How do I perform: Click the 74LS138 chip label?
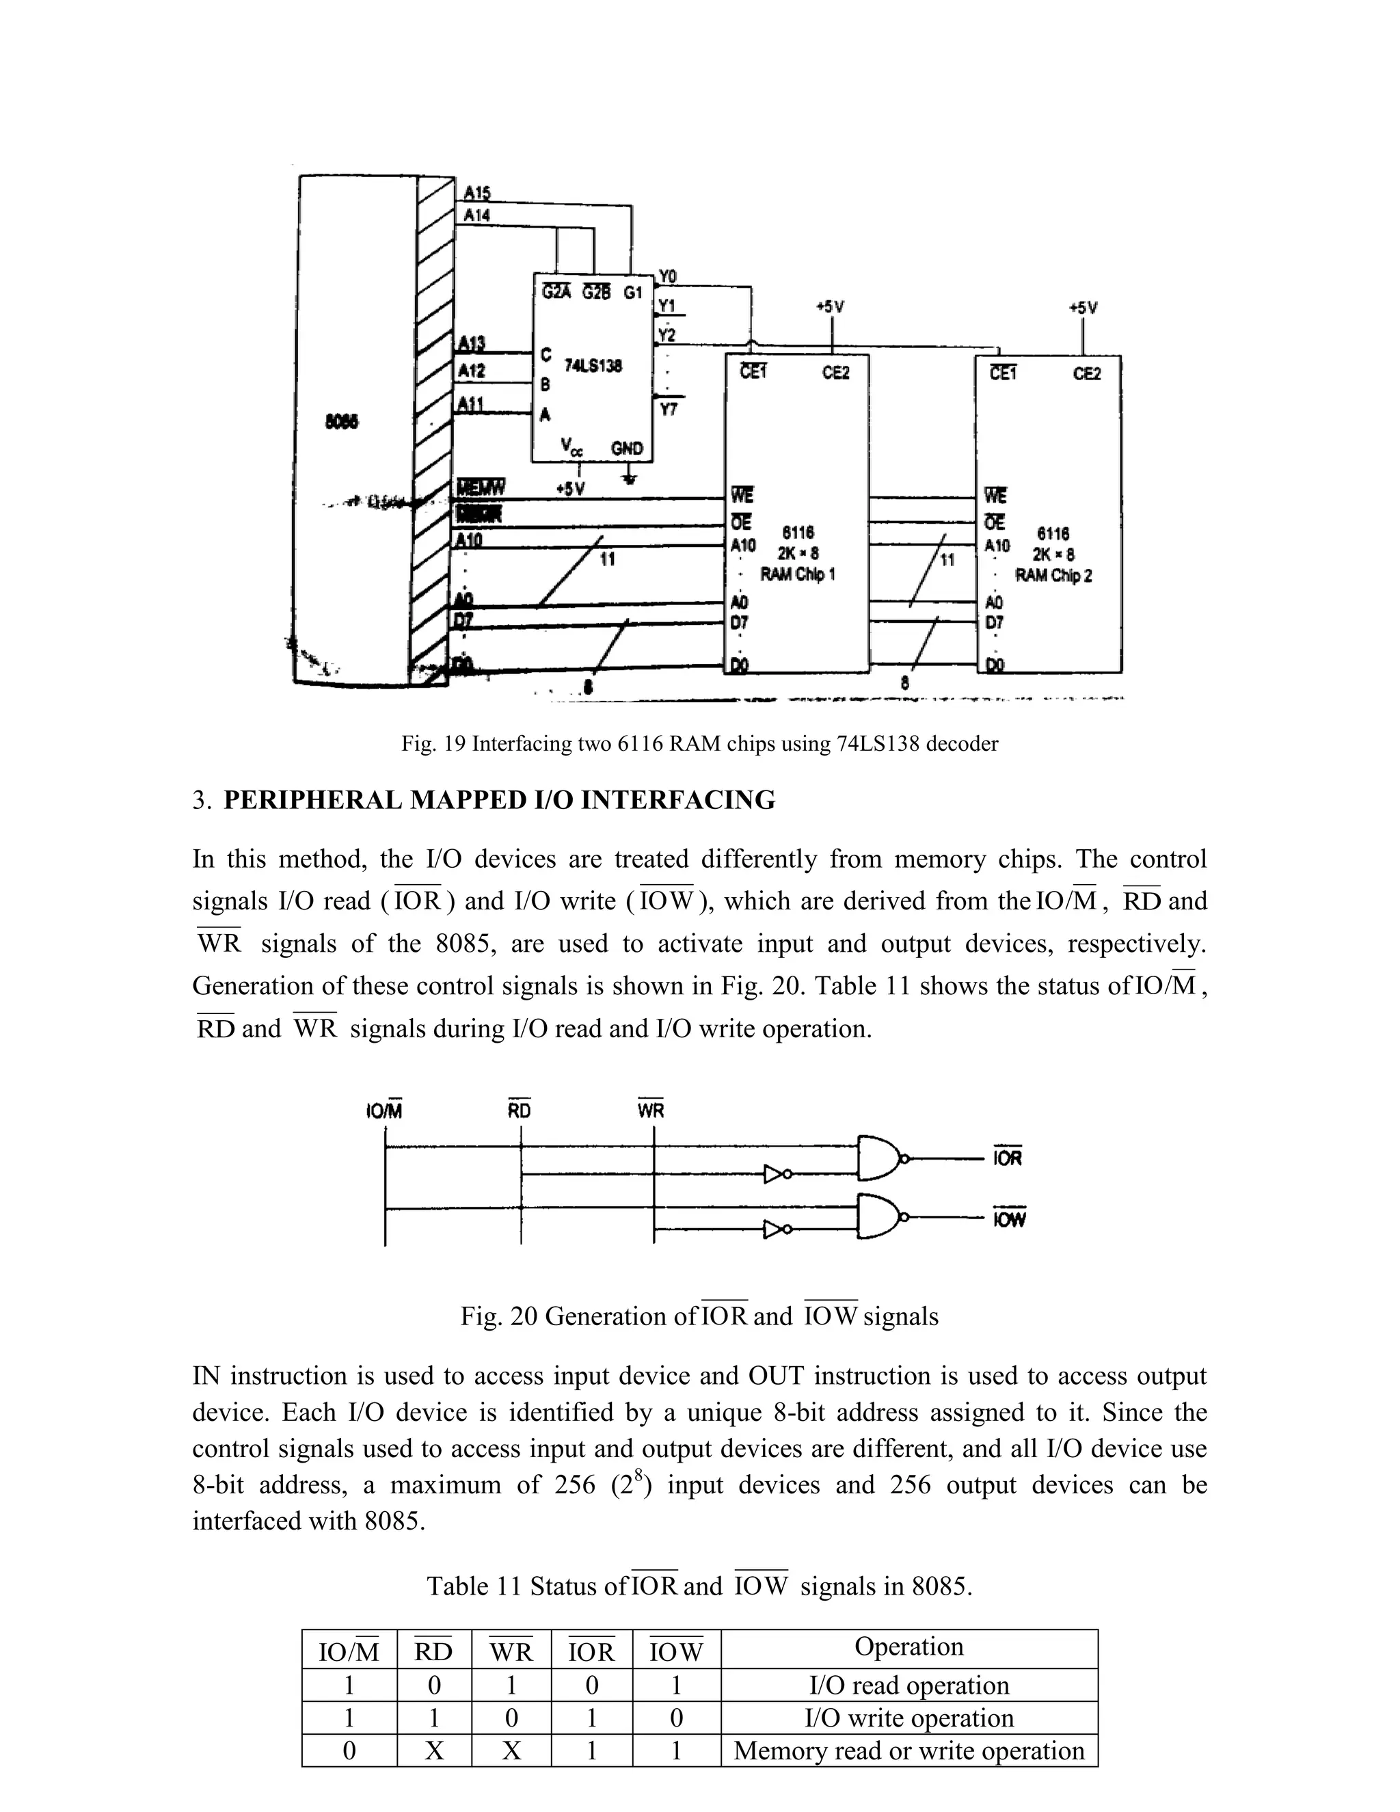(x=592, y=366)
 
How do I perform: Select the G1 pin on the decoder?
(x=633, y=292)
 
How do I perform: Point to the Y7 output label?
(x=668, y=408)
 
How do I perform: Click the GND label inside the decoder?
(x=626, y=448)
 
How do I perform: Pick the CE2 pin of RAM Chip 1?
(x=835, y=373)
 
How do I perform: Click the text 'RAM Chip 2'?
(x=1053, y=575)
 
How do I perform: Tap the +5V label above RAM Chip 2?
(x=1082, y=307)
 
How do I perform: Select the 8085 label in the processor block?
(x=342, y=421)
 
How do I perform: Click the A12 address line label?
(x=472, y=371)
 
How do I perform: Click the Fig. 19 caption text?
(x=699, y=743)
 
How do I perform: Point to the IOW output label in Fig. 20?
(x=1008, y=1218)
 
